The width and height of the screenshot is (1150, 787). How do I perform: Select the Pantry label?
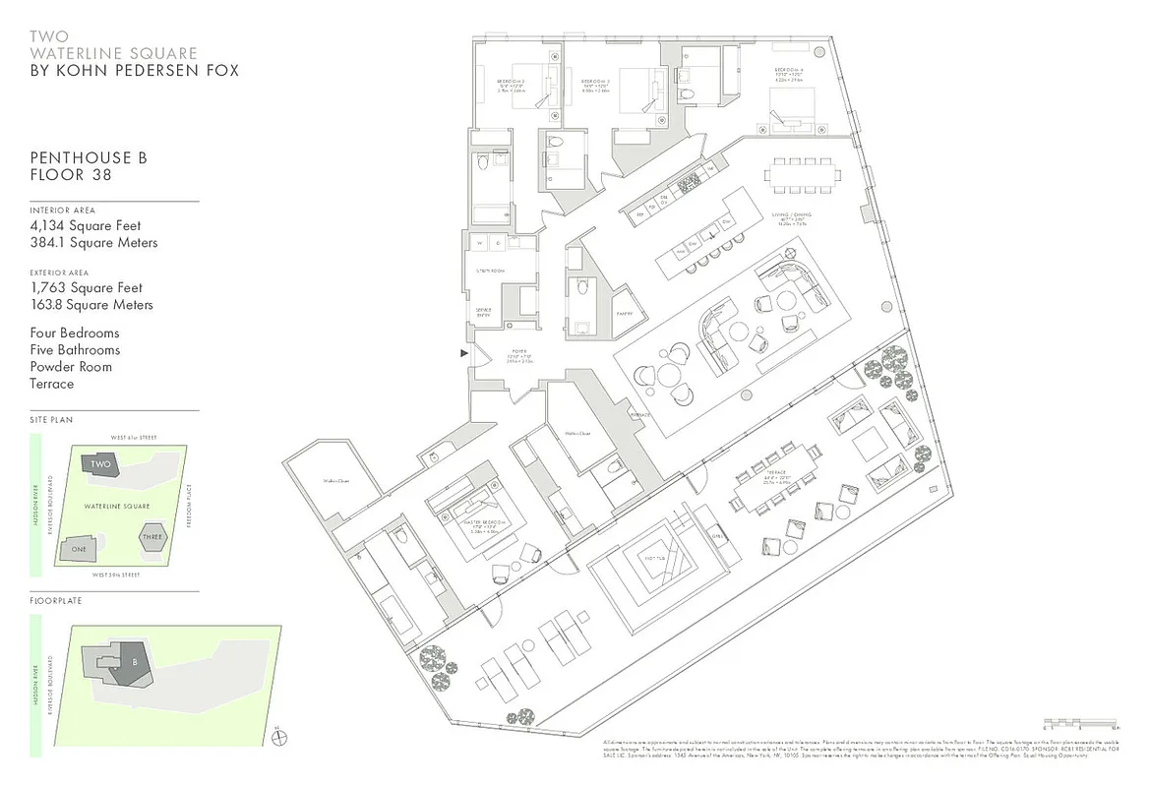click(x=623, y=314)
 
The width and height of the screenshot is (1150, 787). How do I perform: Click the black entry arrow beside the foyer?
click(x=464, y=352)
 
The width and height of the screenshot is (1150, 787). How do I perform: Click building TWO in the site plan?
click(x=100, y=465)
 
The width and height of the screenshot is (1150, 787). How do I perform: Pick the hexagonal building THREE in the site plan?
click(x=152, y=537)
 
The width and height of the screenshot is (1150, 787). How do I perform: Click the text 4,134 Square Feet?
click(x=87, y=226)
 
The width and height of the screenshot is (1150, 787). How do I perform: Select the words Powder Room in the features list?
click(x=71, y=367)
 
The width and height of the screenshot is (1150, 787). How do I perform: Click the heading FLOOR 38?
click(x=71, y=175)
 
